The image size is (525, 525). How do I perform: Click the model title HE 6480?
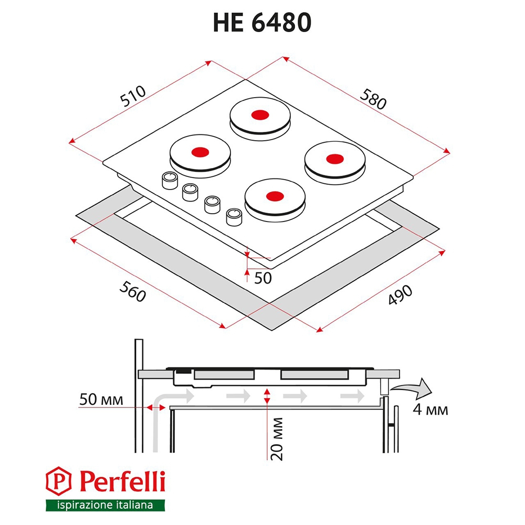click(x=262, y=23)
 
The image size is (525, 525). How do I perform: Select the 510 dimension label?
click(x=133, y=96)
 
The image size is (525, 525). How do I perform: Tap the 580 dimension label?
click(x=373, y=99)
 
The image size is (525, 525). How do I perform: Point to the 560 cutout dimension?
click(x=133, y=291)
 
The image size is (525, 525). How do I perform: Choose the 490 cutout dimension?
click(x=400, y=295)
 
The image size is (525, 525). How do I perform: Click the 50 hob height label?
click(x=263, y=278)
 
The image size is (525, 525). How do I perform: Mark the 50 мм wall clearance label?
click(x=101, y=399)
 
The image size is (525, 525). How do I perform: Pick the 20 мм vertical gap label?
click(x=277, y=439)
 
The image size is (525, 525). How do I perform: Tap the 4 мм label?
click(x=430, y=409)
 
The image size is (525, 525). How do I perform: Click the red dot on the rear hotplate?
click(x=260, y=115)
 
